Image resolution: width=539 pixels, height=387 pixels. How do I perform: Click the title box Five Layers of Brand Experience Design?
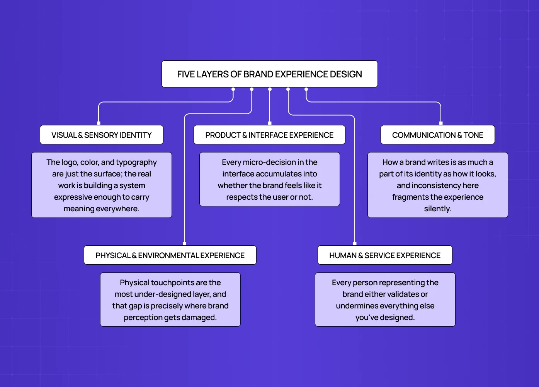point(269,74)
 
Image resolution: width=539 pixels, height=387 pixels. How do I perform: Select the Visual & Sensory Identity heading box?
point(101,135)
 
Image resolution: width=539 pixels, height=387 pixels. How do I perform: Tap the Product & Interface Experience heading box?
point(269,135)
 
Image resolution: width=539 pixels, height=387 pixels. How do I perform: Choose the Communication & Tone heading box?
point(437,135)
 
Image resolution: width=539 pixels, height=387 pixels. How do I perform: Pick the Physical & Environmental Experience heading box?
point(170,255)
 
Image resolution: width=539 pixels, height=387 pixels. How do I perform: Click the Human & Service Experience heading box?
point(385,255)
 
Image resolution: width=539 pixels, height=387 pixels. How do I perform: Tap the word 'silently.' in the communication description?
point(437,209)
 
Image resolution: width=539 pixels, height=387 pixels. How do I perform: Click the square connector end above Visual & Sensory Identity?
point(99,123)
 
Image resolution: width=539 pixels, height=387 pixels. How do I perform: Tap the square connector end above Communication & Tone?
point(441,123)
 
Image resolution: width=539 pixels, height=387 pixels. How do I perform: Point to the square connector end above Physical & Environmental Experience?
point(184,243)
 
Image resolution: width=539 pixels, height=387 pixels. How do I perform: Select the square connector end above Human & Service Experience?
point(355,243)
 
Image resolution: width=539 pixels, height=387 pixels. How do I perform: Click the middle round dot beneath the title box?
point(270,89)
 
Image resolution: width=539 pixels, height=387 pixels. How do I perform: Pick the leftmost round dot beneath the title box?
point(233,89)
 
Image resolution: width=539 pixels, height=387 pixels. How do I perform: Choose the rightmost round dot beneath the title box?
point(306,89)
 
